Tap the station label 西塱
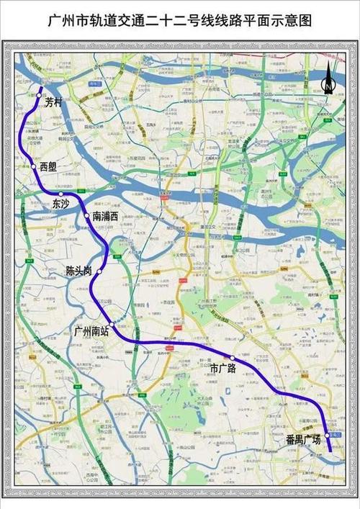[x=49, y=167]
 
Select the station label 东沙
[x=63, y=205]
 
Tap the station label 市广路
[x=223, y=368]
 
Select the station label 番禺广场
[x=303, y=438]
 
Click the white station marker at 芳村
[x=39, y=94]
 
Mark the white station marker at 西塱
[x=34, y=166]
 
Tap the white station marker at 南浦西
[x=87, y=215]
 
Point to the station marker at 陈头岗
[x=100, y=273]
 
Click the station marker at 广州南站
[x=114, y=326]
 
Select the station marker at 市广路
[x=233, y=358]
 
